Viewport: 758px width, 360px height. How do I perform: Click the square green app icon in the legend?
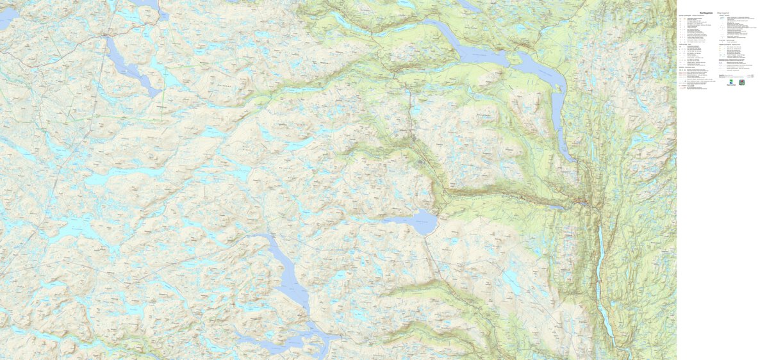(742, 82)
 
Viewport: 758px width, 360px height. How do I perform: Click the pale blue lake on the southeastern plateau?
(513, 282)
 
